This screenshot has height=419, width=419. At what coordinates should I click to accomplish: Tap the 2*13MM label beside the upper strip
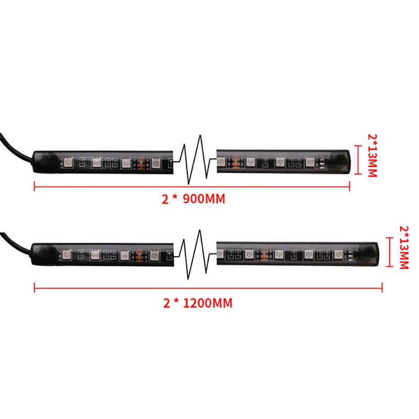click(372, 155)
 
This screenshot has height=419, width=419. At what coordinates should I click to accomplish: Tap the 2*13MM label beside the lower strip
click(404, 247)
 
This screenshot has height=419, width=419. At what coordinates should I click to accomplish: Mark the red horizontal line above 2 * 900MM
click(192, 184)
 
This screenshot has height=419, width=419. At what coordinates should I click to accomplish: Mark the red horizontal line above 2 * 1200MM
click(208, 287)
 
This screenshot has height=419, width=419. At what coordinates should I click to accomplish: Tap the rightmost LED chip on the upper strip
click(310, 162)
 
